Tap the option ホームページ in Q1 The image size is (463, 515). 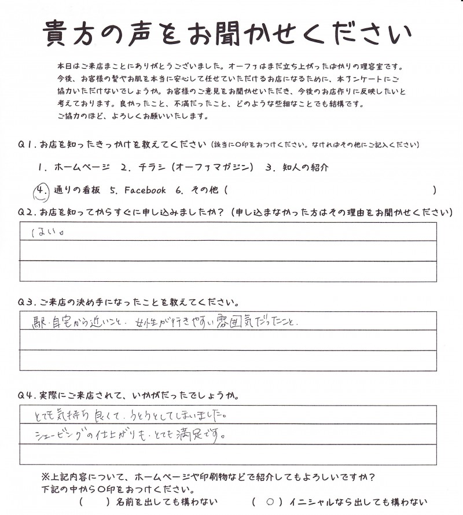click(81, 168)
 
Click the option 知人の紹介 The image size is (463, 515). click(303, 168)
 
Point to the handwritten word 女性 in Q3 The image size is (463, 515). click(149, 323)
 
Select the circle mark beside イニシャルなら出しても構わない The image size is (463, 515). click(269, 502)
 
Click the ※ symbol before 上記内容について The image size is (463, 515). click(46, 477)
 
